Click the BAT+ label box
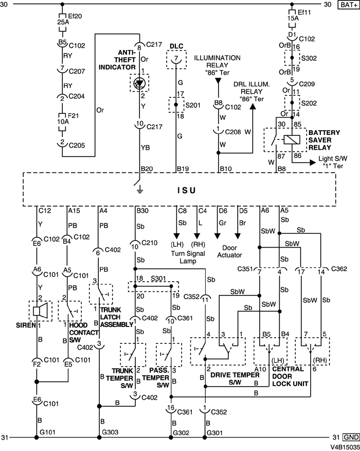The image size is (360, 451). (x=347, y=5)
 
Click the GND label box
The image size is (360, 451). (x=347, y=438)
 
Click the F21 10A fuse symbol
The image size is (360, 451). (x=62, y=120)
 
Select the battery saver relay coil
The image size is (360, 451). (x=292, y=139)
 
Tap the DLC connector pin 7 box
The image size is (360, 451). (x=176, y=60)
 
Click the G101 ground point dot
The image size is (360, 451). (x=37, y=438)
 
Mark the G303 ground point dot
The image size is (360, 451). (x=98, y=438)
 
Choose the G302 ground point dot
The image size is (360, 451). (x=171, y=438)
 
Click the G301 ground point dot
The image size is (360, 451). (x=205, y=438)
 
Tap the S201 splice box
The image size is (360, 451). (x=176, y=105)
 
